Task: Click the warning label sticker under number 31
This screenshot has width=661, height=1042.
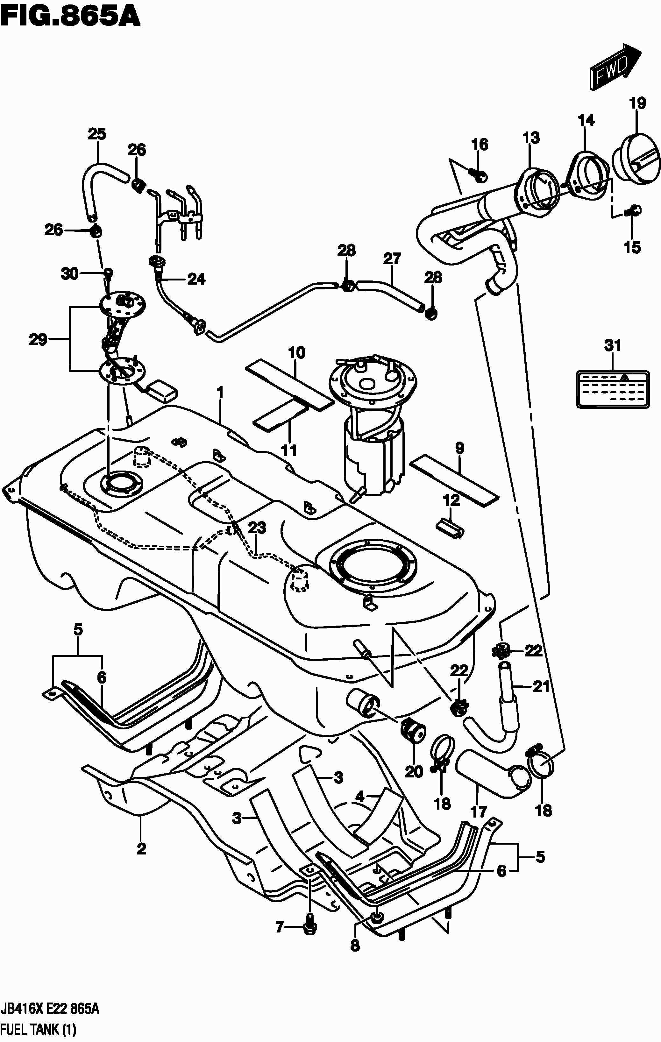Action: click(612, 389)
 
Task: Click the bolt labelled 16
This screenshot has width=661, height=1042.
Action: click(478, 175)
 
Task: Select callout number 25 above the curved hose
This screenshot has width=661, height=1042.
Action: click(97, 134)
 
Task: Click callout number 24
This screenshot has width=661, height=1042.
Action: click(196, 279)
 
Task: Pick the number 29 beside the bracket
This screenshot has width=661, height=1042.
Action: click(38, 340)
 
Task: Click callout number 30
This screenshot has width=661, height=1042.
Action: click(70, 273)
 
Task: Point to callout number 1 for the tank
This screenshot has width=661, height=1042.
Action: click(220, 393)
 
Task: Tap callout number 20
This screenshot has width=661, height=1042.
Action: click(413, 771)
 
